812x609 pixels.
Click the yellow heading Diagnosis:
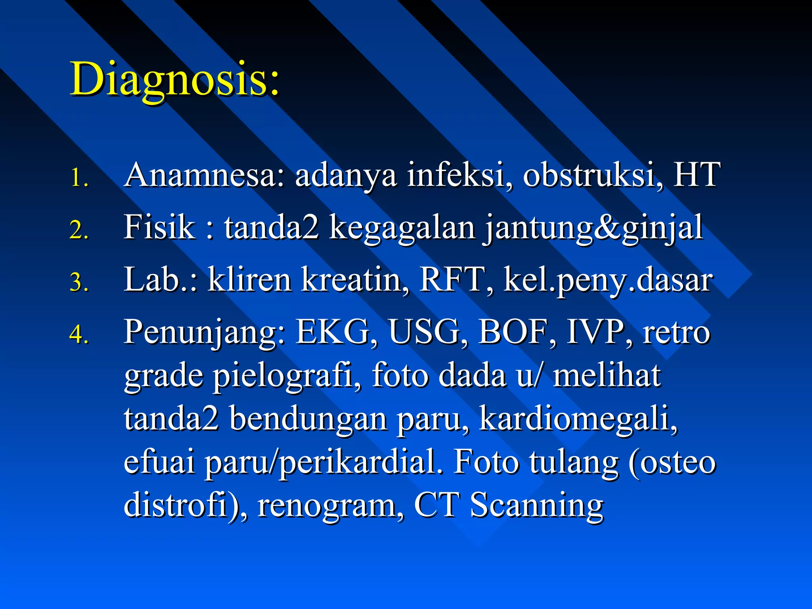(x=174, y=79)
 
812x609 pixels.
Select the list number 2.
(x=79, y=230)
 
